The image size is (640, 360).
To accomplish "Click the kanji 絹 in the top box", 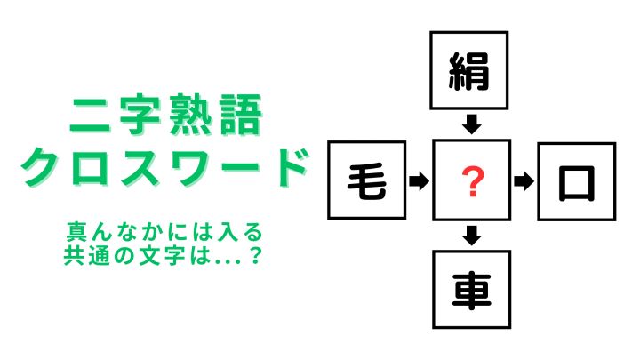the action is (469, 71).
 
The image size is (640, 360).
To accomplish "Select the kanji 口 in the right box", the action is (576, 182).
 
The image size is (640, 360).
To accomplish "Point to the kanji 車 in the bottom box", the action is (471, 291).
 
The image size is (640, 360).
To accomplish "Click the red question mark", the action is (472, 181).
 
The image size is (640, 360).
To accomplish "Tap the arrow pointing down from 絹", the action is (471, 124).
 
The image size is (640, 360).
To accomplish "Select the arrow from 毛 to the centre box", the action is (419, 180).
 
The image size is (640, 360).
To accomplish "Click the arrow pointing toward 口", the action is (524, 181).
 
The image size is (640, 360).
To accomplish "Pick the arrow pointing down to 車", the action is (471, 236).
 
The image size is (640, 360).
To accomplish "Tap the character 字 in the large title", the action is (140, 115).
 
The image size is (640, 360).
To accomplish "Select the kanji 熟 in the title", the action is (190, 115).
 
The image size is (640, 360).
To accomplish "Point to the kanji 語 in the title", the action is (241, 115).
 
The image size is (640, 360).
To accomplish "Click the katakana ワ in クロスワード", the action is (190, 167).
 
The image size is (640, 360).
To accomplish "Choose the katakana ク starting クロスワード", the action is (40, 167).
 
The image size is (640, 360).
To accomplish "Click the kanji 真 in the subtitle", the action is (76, 232).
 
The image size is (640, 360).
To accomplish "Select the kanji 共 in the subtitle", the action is (74, 255).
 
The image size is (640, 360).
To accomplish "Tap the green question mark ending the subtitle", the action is (255, 255).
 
